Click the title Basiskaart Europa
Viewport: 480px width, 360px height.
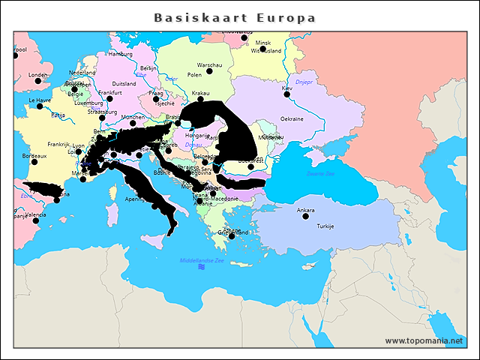[235, 17]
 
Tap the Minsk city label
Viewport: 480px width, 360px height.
[263, 43]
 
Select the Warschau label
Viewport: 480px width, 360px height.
[210, 65]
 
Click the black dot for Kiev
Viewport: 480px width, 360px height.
[286, 94]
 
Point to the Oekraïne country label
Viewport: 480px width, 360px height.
[292, 118]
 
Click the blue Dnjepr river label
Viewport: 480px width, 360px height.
[303, 81]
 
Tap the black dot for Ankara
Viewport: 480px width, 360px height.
[305, 217]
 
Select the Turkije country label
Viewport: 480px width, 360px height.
[325, 226]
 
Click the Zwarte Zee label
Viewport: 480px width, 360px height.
[321, 173]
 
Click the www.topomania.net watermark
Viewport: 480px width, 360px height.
[424, 340]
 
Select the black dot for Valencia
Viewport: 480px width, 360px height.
[35, 220]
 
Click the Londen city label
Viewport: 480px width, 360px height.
[37, 74]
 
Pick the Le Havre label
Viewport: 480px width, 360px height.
[40, 99]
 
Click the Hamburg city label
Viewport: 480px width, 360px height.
[120, 54]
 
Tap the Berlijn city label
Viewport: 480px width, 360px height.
[149, 67]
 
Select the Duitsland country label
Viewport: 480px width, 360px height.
[124, 84]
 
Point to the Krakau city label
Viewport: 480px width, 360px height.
[201, 92]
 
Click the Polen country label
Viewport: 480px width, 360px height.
[194, 75]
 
